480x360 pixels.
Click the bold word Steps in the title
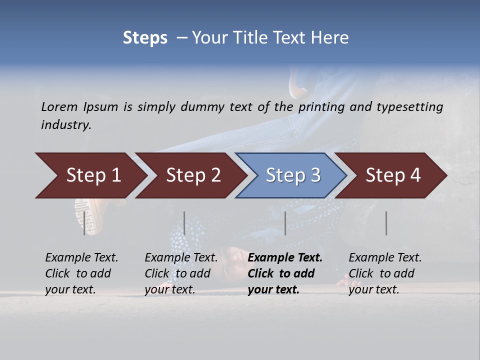point(145,38)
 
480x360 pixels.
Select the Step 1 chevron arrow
point(90,175)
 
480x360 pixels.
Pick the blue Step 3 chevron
point(292,175)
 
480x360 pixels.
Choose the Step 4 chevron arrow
point(392,175)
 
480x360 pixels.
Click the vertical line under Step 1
point(84,223)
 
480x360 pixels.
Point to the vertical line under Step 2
point(184,223)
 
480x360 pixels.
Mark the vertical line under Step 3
point(285,223)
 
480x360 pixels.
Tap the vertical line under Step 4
point(386,223)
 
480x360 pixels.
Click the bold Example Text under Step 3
point(285,258)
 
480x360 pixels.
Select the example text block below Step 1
point(81,273)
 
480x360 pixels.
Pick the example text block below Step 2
point(181,273)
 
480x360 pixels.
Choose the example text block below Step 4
point(385,273)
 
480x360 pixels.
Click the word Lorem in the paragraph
point(59,107)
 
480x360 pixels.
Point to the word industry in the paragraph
point(65,125)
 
